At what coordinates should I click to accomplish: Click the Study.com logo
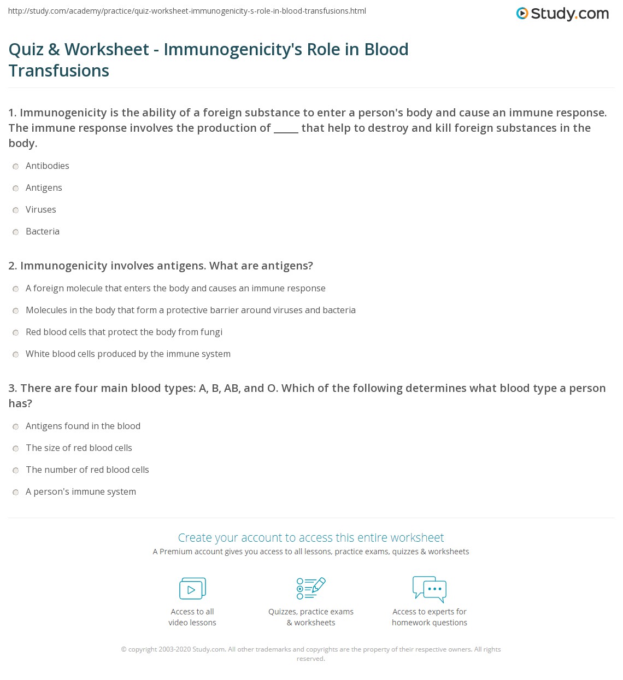coord(562,14)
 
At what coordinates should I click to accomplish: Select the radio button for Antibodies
coord(16,166)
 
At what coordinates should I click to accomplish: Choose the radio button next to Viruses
coord(16,210)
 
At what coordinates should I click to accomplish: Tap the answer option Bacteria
coord(43,231)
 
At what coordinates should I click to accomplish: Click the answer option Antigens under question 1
coord(44,187)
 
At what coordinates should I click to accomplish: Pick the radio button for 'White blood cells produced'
coord(16,354)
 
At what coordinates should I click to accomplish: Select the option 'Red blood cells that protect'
coord(124,332)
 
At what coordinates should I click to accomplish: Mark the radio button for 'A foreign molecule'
coord(16,289)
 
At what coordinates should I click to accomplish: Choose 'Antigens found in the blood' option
coord(83,426)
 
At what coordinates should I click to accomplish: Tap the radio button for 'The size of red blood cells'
coord(16,448)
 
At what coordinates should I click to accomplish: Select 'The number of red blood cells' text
coord(87,470)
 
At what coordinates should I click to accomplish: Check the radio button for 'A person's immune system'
coord(16,492)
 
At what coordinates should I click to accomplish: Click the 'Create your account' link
coord(311,537)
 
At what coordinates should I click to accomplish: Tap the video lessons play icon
coord(192,589)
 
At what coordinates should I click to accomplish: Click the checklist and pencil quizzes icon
coord(311,588)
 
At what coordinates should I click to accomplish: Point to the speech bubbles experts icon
coord(430,589)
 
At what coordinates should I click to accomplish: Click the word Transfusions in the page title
coord(59,71)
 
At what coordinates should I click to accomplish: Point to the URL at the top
coord(187,11)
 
